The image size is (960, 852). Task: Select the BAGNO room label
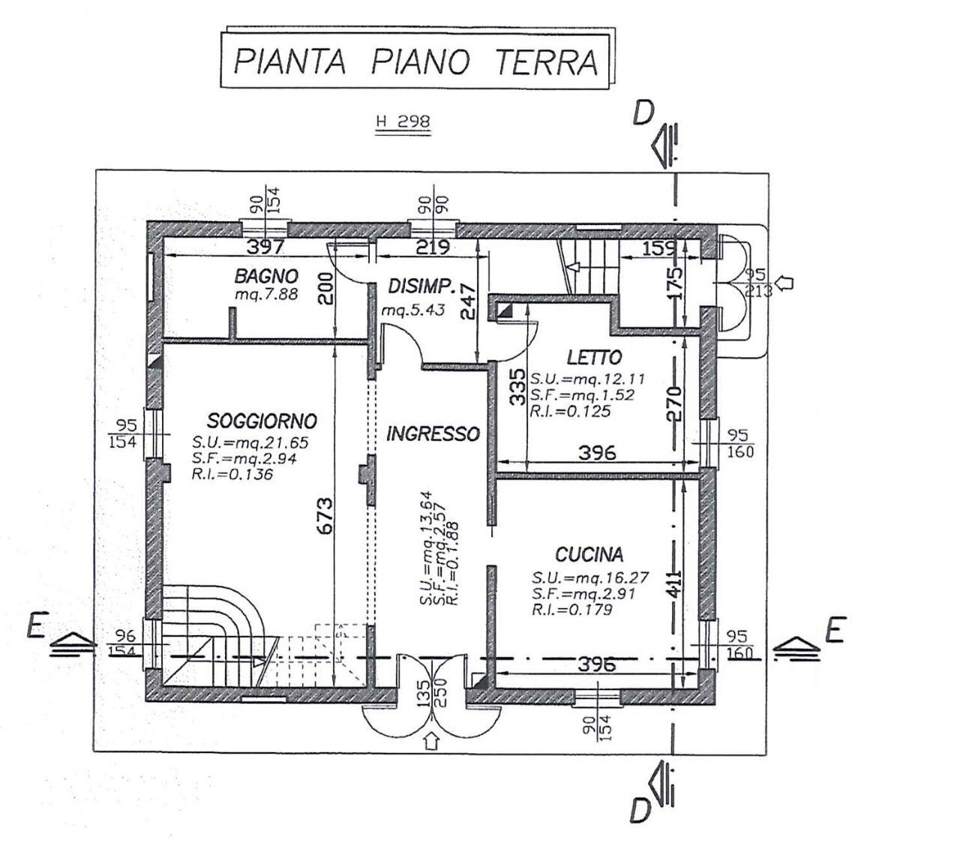pos(266,276)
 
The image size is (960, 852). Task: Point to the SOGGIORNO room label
pos(262,420)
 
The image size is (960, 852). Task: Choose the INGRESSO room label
pos(433,433)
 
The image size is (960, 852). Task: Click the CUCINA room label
pos(589,555)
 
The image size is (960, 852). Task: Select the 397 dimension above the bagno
pos(268,246)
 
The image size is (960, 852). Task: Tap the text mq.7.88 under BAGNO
pos(266,295)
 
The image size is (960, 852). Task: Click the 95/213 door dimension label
pos(760,283)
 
